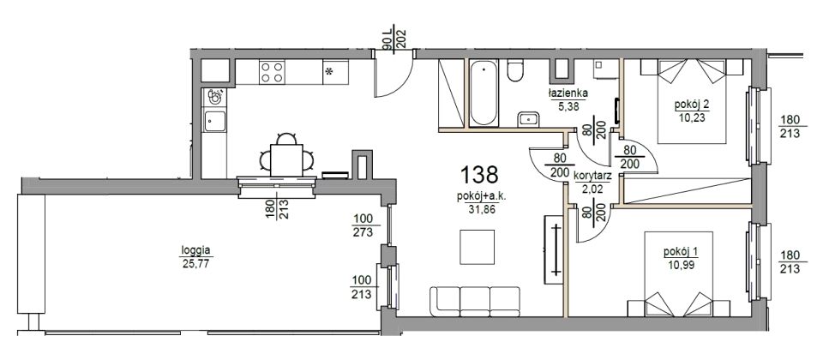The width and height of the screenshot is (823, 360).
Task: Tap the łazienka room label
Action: [x=568, y=93]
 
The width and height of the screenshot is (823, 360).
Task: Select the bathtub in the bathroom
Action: [x=484, y=93]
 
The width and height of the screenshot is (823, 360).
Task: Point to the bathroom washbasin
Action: [x=528, y=119]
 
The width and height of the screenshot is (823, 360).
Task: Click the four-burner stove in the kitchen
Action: [x=273, y=72]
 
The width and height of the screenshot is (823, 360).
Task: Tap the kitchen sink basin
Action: [x=214, y=121]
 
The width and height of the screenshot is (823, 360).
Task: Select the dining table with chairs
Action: [x=286, y=156]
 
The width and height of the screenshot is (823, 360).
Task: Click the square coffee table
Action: [x=478, y=247]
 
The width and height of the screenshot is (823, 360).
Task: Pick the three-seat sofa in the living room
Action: [x=475, y=302]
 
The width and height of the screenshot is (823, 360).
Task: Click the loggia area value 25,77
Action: [x=195, y=263]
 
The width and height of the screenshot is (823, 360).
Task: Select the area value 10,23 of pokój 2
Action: [x=691, y=117]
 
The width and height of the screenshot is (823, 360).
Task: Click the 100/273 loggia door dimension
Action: [x=363, y=225]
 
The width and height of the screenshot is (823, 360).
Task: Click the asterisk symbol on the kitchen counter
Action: [x=329, y=72]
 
